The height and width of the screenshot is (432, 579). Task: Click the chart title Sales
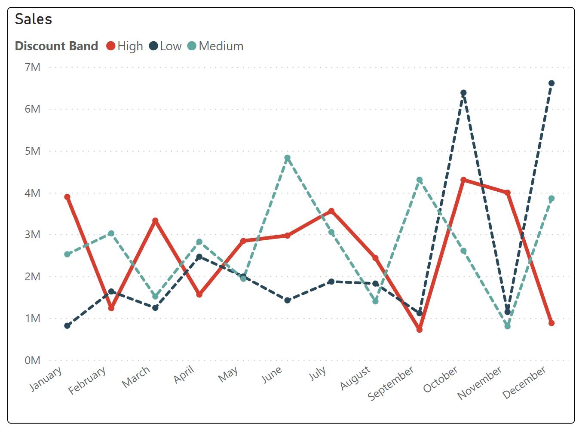[34, 19]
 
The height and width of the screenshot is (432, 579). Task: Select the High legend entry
[125, 46]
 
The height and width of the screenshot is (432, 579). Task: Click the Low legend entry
[165, 46]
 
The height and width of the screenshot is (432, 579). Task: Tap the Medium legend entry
[216, 46]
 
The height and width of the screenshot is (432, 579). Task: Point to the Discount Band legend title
[56, 46]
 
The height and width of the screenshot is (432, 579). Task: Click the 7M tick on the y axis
[32, 67]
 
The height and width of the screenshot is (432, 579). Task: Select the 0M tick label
[32, 360]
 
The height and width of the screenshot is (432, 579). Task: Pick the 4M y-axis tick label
[32, 193]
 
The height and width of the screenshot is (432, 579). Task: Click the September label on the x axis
[391, 383]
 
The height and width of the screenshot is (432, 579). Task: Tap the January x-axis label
[46, 378]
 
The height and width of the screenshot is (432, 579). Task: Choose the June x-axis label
[272, 374]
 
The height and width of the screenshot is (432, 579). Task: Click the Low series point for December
[551, 83]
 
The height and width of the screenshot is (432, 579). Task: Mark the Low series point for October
[463, 93]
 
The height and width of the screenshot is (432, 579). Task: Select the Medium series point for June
[287, 158]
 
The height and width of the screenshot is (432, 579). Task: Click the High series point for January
[67, 197]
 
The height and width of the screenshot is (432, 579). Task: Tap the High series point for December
[551, 323]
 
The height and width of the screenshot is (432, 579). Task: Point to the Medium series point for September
[420, 180]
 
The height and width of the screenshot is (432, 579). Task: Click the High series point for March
[155, 221]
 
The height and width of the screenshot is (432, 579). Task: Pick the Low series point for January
[67, 326]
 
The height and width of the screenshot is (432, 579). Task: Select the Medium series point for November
[508, 326]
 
